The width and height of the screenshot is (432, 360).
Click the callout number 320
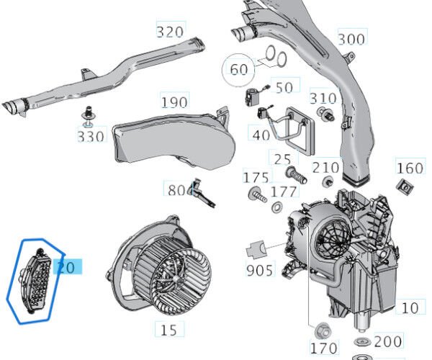click(170, 31)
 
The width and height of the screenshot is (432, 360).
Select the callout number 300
click(351, 39)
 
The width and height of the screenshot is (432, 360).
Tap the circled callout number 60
click(238, 69)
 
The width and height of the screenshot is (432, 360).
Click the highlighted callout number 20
click(66, 267)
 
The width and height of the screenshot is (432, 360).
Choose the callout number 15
click(168, 330)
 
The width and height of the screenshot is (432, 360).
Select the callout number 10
click(410, 308)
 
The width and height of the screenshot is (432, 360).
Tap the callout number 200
click(389, 341)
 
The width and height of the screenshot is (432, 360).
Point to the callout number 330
click(91, 135)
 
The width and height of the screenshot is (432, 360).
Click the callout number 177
click(284, 191)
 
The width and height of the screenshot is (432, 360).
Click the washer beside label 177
click(277, 208)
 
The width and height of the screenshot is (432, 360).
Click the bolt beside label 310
click(325, 114)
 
